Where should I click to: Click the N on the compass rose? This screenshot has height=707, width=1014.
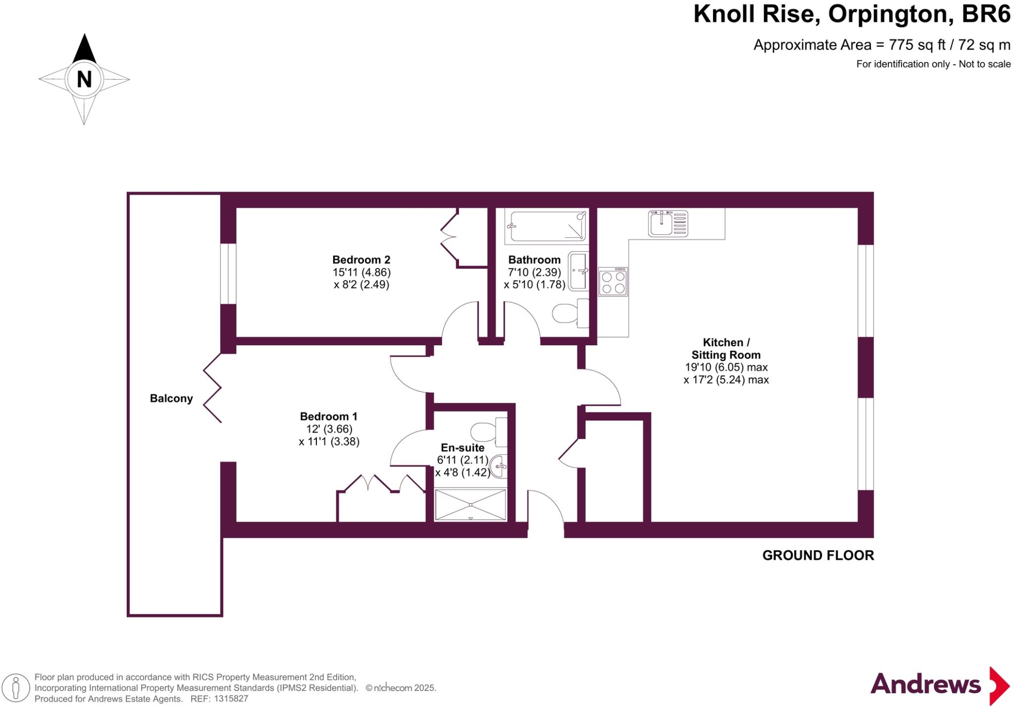pyautogui.click(x=84, y=79)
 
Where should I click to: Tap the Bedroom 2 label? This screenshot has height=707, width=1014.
pyautogui.click(x=361, y=260)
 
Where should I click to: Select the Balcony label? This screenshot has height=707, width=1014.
pyautogui.click(x=171, y=398)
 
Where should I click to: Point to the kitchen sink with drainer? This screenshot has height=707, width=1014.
pyautogui.click(x=668, y=223)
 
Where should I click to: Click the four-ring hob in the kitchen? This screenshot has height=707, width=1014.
pyautogui.click(x=613, y=282)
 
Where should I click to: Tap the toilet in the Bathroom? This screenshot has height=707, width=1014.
pyautogui.click(x=569, y=313)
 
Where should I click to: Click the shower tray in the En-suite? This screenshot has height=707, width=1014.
pyautogui.click(x=470, y=504)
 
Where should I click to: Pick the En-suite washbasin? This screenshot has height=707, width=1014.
pyautogui.click(x=499, y=466)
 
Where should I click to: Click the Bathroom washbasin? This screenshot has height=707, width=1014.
pyautogui.click(x=578, y=271)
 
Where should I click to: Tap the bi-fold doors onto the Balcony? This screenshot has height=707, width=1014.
pyautogui.click(x=213, y=388)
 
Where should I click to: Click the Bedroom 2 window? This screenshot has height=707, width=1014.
pyautogui.click(x=228, y=273)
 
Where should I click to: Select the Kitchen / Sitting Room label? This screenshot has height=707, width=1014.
pyautogui.click(x=726, y=349)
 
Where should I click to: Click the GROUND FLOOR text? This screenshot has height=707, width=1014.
pyautogui.click(x=818, y=555)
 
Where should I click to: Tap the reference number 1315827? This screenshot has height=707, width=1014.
pyautogui.click(x=231, y=699)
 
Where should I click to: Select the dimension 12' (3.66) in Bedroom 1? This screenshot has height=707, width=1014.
pyautogui.click(x=329, y=429)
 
